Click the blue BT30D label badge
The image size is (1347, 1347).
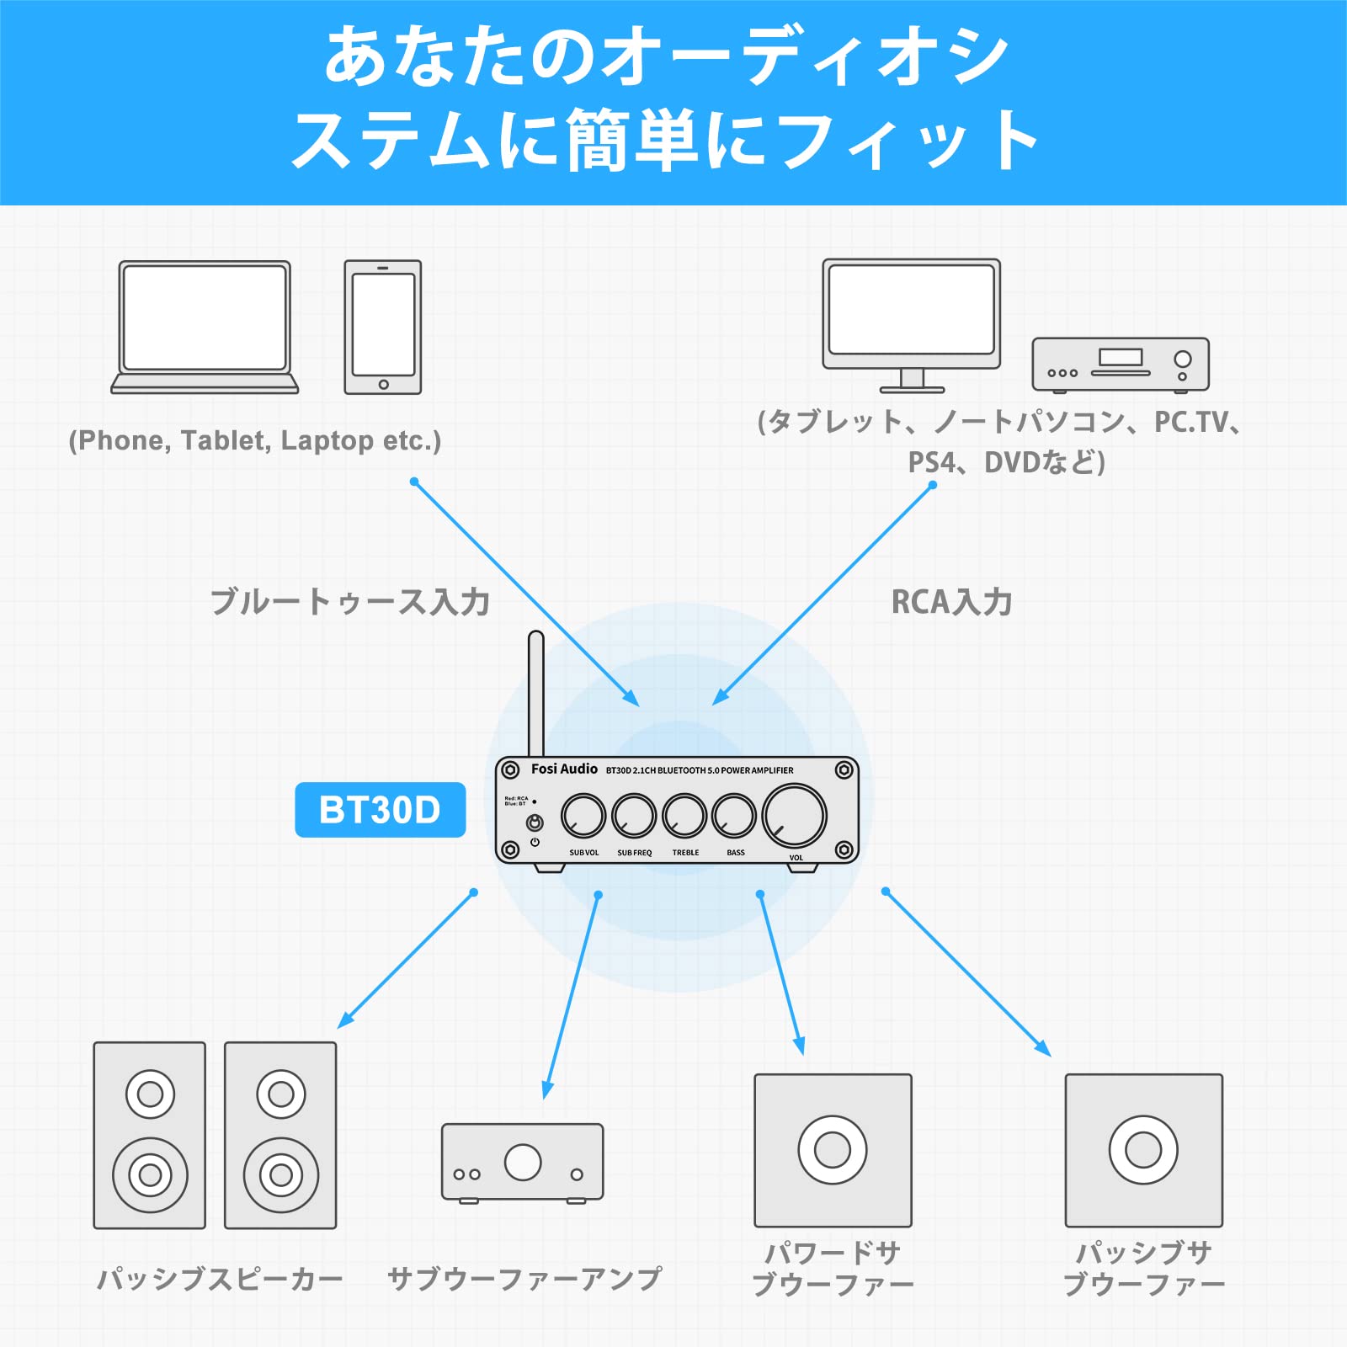[x=380, y=810]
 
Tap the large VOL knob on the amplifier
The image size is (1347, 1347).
[x=794, y=815]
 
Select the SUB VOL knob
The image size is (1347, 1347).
[x=583, y=815]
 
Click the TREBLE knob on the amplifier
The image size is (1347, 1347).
[x=684, y=815]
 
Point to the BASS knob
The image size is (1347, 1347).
[x=734, y=815]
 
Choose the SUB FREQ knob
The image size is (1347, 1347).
[x=634, y=815]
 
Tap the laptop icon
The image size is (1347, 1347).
[x=205, y=327]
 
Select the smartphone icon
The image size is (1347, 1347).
[x=383, y=327]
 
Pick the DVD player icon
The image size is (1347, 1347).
[x=1121, y=365]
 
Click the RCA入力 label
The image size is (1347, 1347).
[x=951, y=602]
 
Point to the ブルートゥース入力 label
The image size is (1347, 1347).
[x=349, y=602]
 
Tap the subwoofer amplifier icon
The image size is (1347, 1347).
[x=523, y=1162]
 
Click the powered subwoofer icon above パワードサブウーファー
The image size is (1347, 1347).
[x=833, y=1150]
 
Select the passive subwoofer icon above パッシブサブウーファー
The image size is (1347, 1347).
[x=1143, y=1150]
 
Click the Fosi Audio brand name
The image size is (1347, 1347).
[x=564, y=769]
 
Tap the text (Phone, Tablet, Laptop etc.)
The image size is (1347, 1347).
[x=255, y=440]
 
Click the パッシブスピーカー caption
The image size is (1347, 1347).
[x=220, y=1280]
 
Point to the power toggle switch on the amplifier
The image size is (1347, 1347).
[x=535, y=823]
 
